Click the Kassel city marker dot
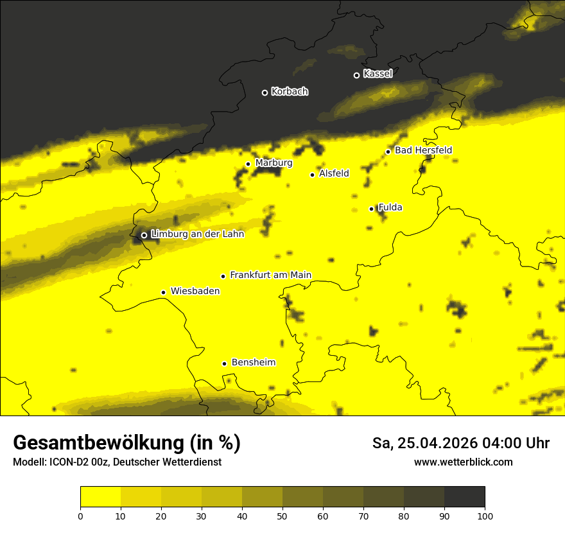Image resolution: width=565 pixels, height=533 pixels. [x=357, y=75]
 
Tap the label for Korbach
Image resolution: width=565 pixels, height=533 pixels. [x=290, y=92]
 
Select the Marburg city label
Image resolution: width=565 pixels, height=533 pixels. [x=274, y=163]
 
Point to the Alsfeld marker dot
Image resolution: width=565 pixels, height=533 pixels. [x=313, y=175]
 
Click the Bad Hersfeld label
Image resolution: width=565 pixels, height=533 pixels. [x=423, y=150]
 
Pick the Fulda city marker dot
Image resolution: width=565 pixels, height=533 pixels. [x=371, y=209]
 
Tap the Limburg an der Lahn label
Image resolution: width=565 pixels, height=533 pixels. [x=197, y=234]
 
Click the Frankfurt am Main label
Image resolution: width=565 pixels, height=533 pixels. [x=270, y=275]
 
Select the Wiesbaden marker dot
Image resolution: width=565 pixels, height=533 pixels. [x=164, y=292]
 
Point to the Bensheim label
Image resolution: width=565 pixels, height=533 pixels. [x=253, y=363]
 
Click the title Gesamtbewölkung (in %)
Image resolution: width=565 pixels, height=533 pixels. [x=126, y=443]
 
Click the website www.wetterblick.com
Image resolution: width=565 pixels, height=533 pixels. [x=463, y=462]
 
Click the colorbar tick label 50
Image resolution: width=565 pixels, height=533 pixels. [x=282, y=516]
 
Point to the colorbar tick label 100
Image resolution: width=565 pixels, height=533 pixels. [x=485, y=516]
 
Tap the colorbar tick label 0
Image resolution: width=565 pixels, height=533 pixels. [x=80, y=516]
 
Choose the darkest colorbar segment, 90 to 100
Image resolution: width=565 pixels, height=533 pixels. [x=464, y=497]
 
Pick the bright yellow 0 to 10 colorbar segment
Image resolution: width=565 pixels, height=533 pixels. [x=100, y=497]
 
